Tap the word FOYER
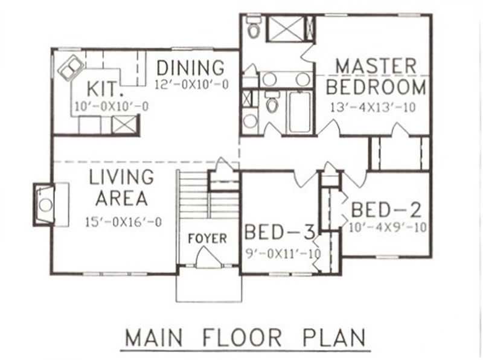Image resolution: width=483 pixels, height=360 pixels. (x=207, y=238)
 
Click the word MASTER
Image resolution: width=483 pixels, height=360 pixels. (x=376, y=66)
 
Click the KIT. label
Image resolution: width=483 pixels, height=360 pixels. (x=104, y=89)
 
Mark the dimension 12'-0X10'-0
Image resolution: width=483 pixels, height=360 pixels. (x=191, y=85)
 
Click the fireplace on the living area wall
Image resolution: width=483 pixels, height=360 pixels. (x=46, y=204)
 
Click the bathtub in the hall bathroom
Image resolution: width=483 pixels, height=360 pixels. (x=299, y=111)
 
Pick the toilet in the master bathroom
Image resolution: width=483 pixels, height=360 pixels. (x=253, y=27)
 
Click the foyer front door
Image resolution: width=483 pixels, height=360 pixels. (x=208, y=260)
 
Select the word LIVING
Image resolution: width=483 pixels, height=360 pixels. (x=121, y=177)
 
